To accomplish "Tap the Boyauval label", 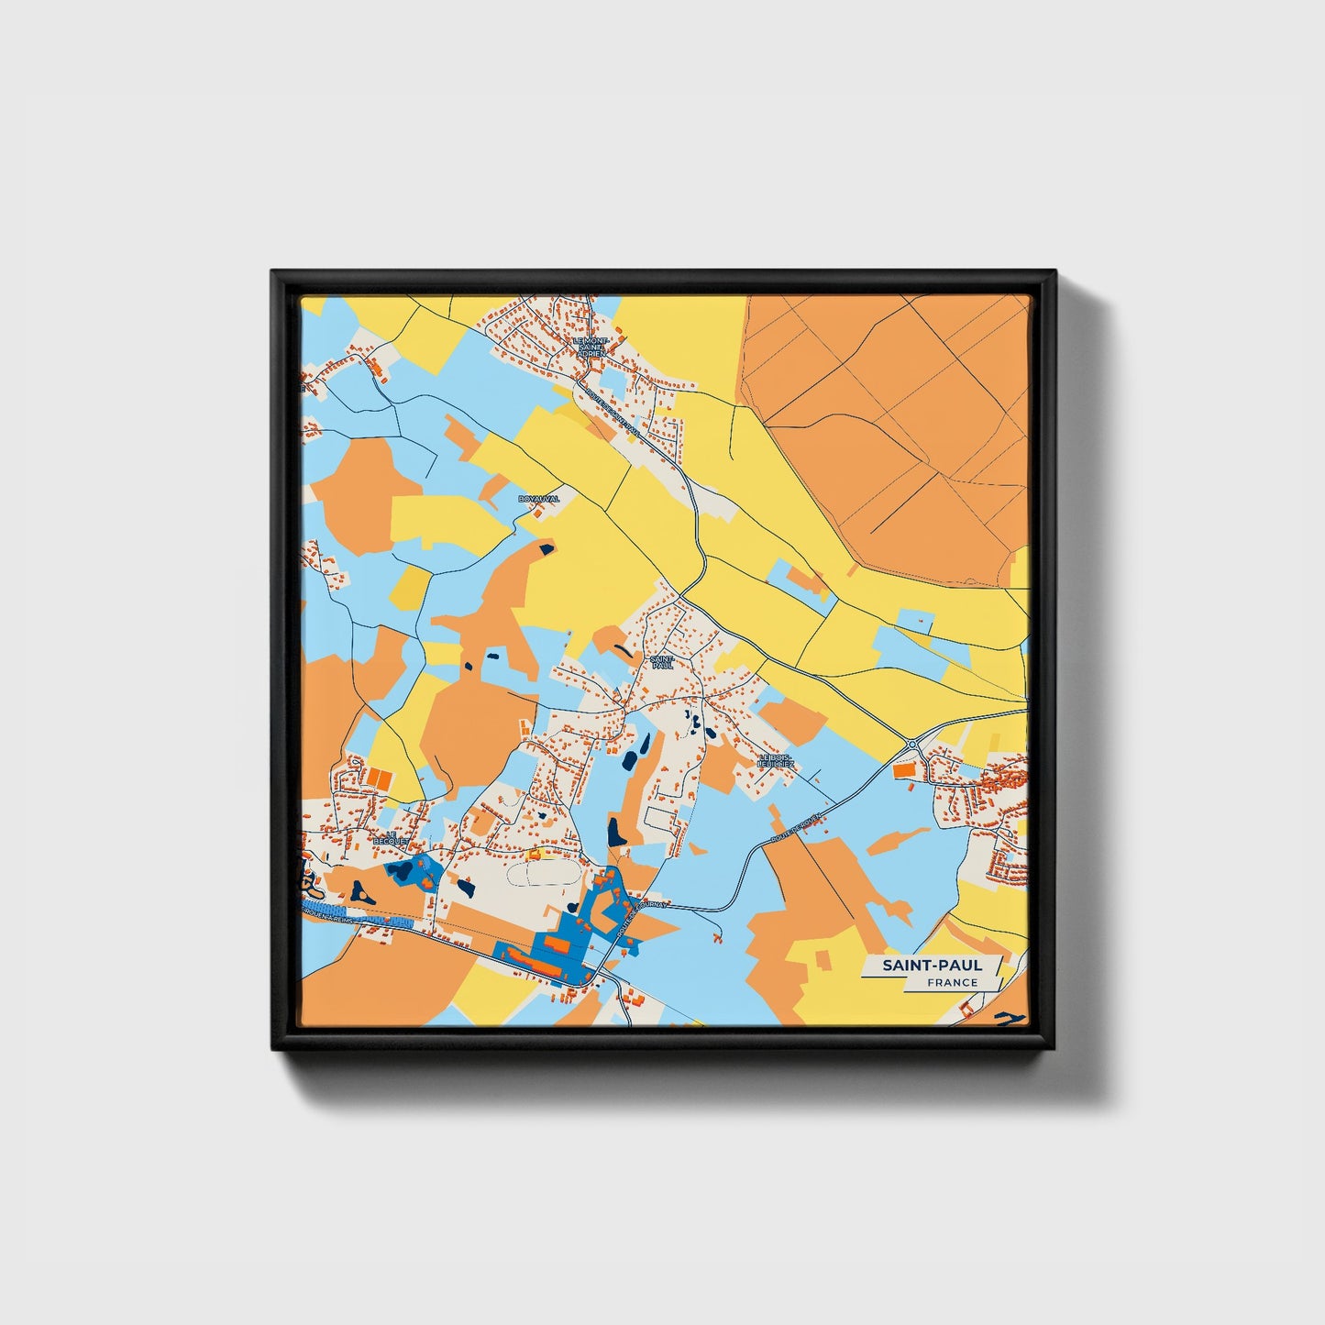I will point(538,499).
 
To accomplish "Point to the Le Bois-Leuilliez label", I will point(776,760).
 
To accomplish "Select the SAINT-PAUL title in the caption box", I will point(932,965).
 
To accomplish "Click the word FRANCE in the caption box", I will point(952,982).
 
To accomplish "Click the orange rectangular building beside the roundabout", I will point(903,771).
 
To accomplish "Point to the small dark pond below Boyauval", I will point(547,549).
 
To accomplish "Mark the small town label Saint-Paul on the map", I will point(662,661).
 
